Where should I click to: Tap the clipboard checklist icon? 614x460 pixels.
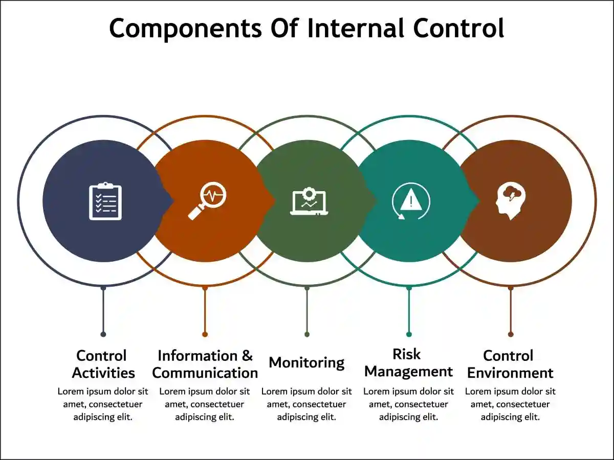click(105, 201)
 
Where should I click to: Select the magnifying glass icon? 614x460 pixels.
click(207, 201)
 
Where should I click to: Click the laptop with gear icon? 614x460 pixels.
click(309, 201)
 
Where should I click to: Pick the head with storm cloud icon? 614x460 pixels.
click(510, 201)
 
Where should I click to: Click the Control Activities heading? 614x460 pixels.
click(103, 364)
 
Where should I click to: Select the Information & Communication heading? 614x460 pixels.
click(205, 364)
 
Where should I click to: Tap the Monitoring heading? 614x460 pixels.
click(306, 362)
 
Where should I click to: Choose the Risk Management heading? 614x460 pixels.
click(408, 362)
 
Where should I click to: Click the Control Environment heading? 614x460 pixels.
click(510, 364)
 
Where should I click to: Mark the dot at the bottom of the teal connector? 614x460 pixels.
click(409, 334)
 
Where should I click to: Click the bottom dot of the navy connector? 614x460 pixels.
click(103, 334)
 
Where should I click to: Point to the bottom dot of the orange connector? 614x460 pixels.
click(205, 334)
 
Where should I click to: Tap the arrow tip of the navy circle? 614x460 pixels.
click(172, 201)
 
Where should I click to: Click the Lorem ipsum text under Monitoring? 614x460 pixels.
click(306, 404)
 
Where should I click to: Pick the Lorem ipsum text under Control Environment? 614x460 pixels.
click(510, 404)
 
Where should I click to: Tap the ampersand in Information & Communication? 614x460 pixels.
click(247, 356)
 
